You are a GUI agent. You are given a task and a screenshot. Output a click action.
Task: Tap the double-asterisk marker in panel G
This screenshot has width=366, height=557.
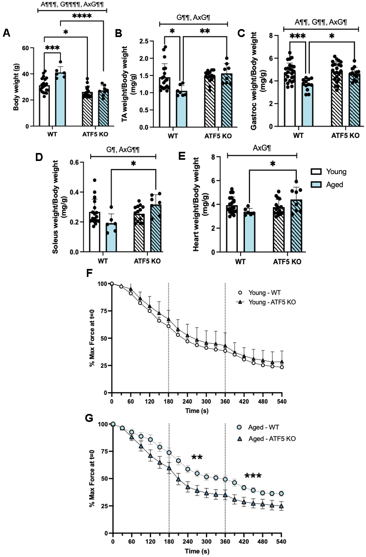click(197, 457)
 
